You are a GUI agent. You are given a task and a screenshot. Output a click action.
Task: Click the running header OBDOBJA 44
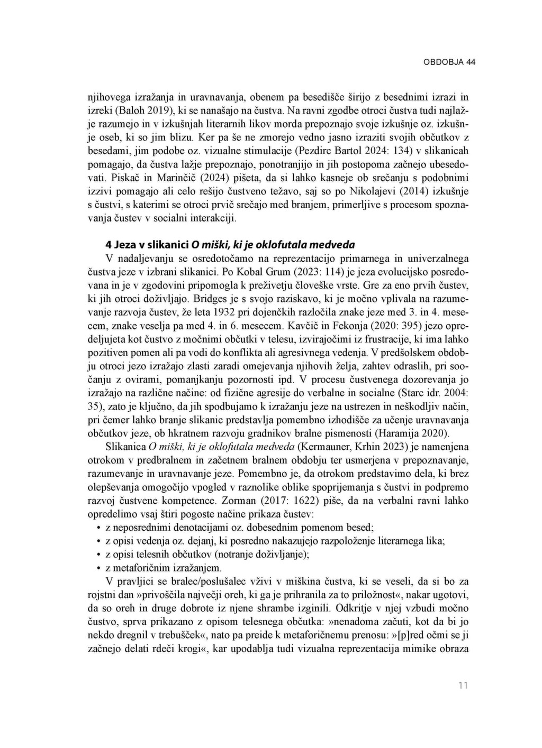449,62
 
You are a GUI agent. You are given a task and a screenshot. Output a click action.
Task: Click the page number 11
463,686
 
